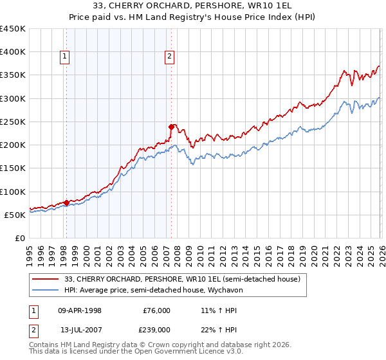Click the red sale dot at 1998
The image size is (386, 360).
click(66, 203)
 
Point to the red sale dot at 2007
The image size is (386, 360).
click(171, 127)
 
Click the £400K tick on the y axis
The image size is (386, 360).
click(13, 52)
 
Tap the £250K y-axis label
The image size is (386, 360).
click(13, 122)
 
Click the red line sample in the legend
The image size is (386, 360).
click(46, 279)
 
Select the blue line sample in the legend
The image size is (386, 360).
click(46, 291)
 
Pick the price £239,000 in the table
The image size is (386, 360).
click(156, 329)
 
